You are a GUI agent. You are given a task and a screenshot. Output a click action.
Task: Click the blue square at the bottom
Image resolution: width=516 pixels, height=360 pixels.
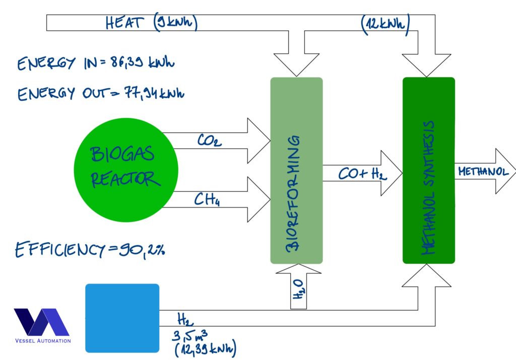pos(122,318)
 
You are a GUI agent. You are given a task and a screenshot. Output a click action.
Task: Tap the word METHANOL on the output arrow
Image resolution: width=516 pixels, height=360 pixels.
pos(482,172)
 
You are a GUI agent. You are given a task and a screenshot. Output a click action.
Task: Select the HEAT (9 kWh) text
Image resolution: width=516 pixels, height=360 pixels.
pos(151,24)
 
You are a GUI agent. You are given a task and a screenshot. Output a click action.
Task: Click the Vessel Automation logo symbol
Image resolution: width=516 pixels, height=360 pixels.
pos(41,322)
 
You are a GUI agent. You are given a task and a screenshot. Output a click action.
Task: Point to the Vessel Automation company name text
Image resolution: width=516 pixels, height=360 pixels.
pos(42,341)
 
